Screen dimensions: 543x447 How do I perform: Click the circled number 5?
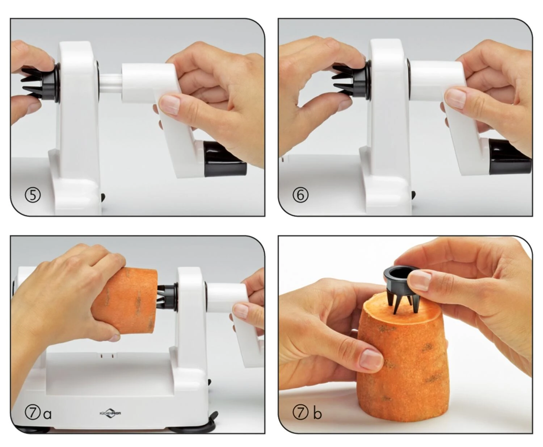33,195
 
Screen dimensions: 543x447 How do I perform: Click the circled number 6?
300,195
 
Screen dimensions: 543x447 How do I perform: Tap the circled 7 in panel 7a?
33,413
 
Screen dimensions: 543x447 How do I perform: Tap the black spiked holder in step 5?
41,83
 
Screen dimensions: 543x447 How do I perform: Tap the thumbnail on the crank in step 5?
169,104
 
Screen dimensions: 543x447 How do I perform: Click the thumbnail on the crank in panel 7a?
241,310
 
